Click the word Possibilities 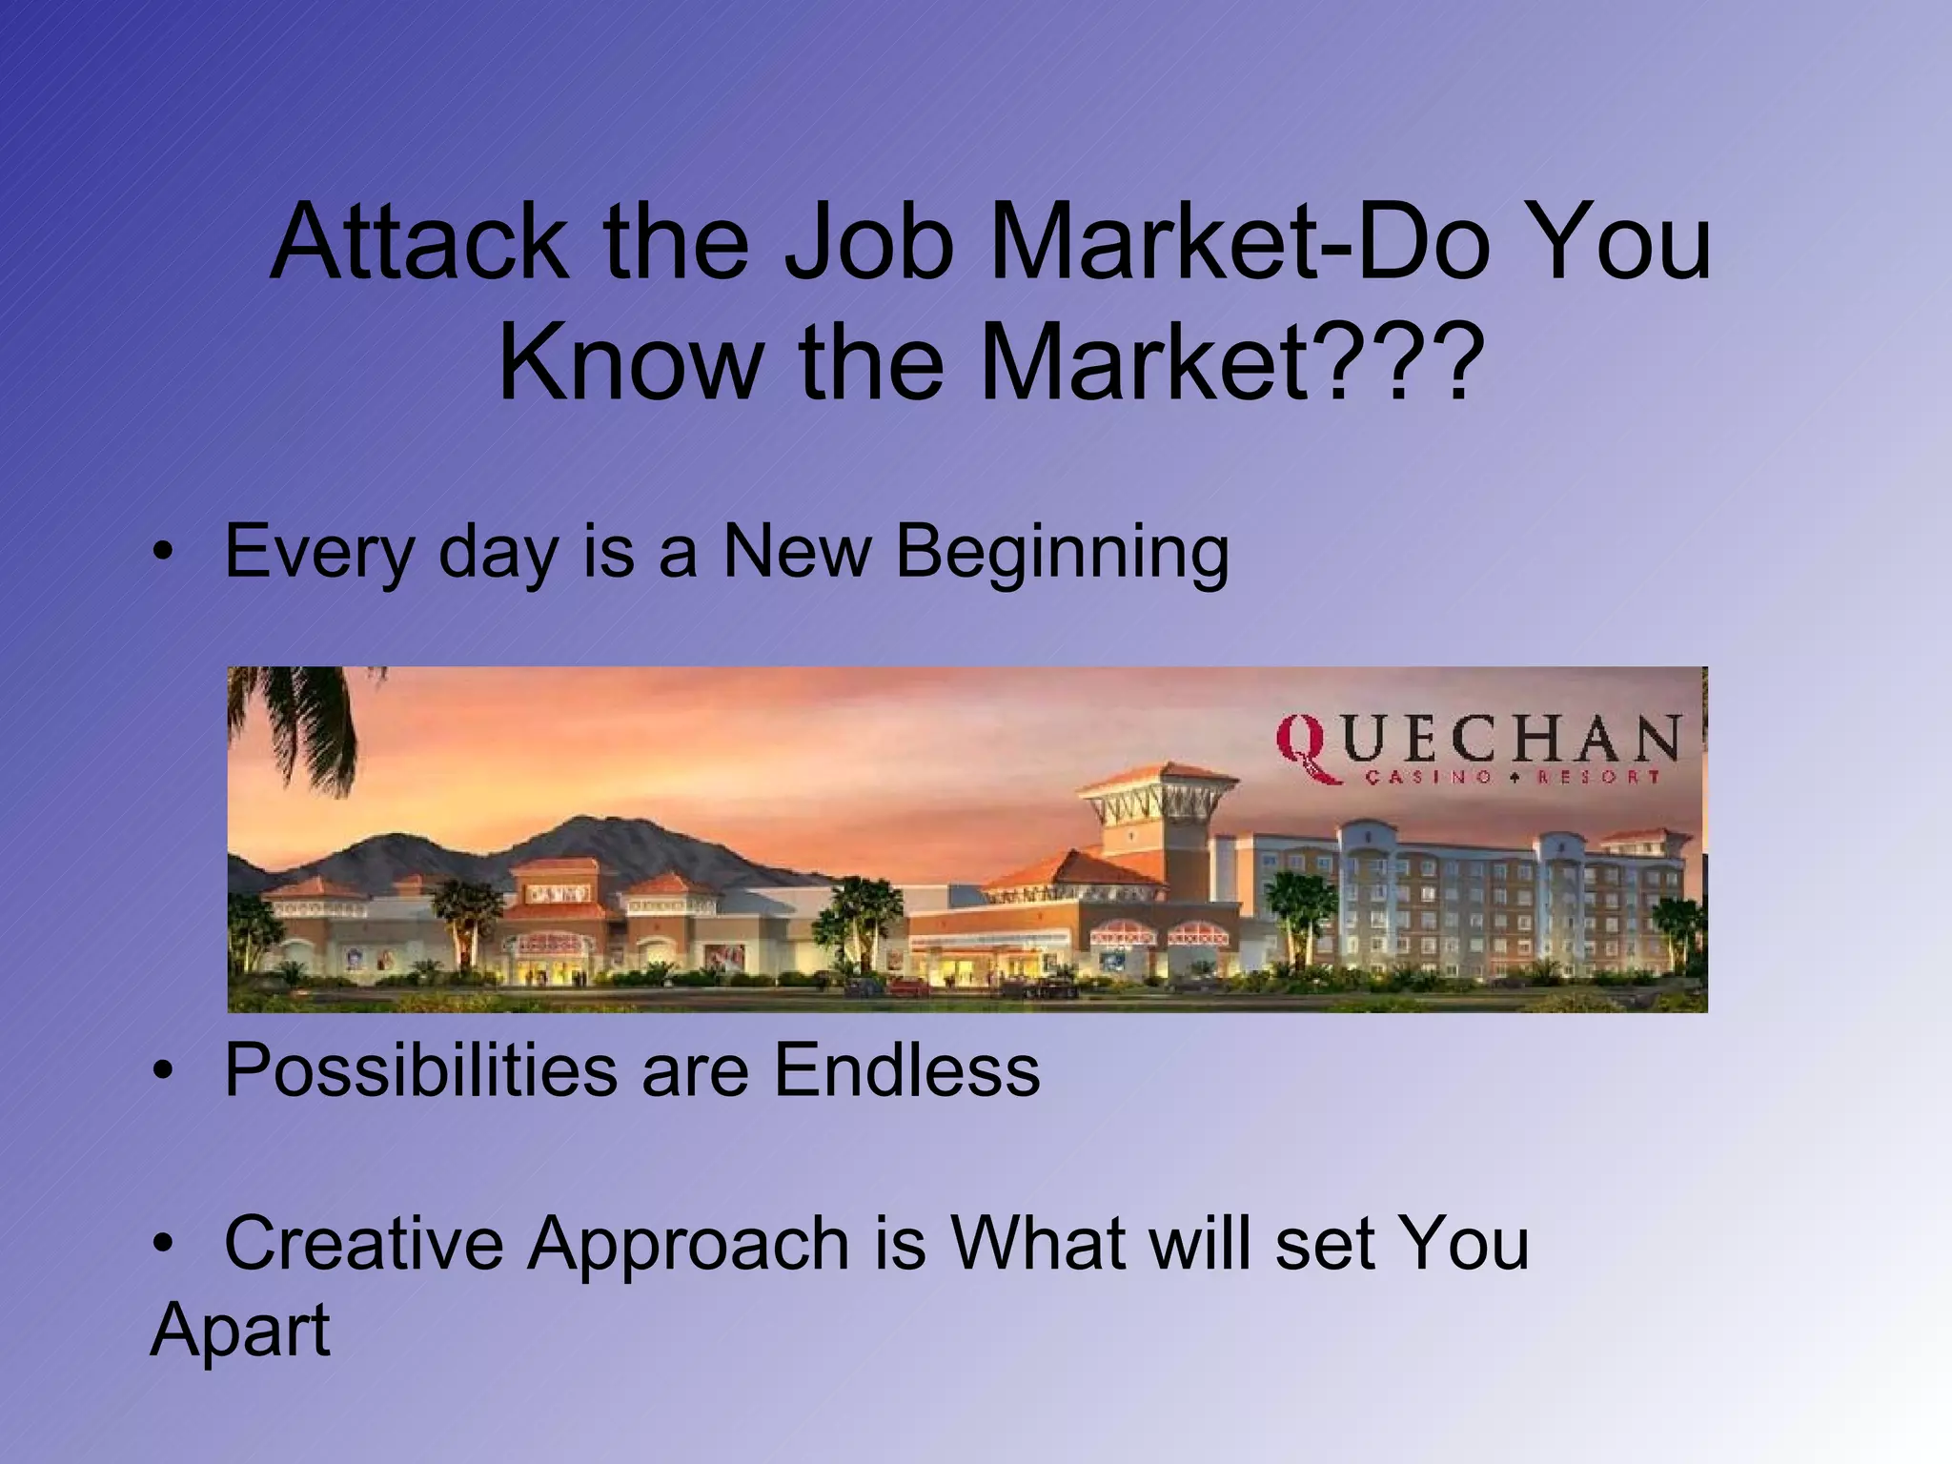(x=420, y=1071)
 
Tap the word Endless (x=906, y=1069)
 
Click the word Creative (x=363, y=1243)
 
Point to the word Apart (x=240, y=1331)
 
